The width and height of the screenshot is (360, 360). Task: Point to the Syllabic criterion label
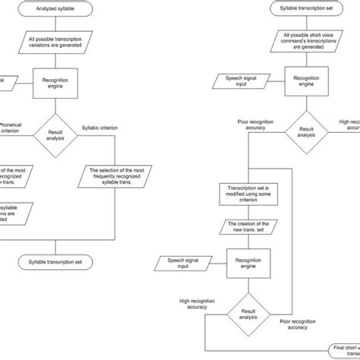coord(99,126)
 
